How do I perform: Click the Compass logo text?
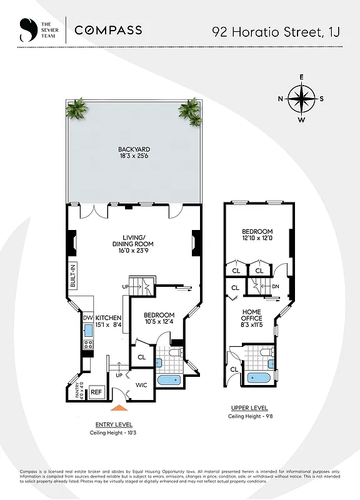[108, 29]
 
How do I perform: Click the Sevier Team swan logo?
[26, 29]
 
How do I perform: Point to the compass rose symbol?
[301, 98]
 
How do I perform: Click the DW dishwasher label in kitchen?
[87, 317]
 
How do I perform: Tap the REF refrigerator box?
[96, 392]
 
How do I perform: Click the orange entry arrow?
[119, 408]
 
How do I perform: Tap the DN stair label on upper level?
[276, 287]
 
